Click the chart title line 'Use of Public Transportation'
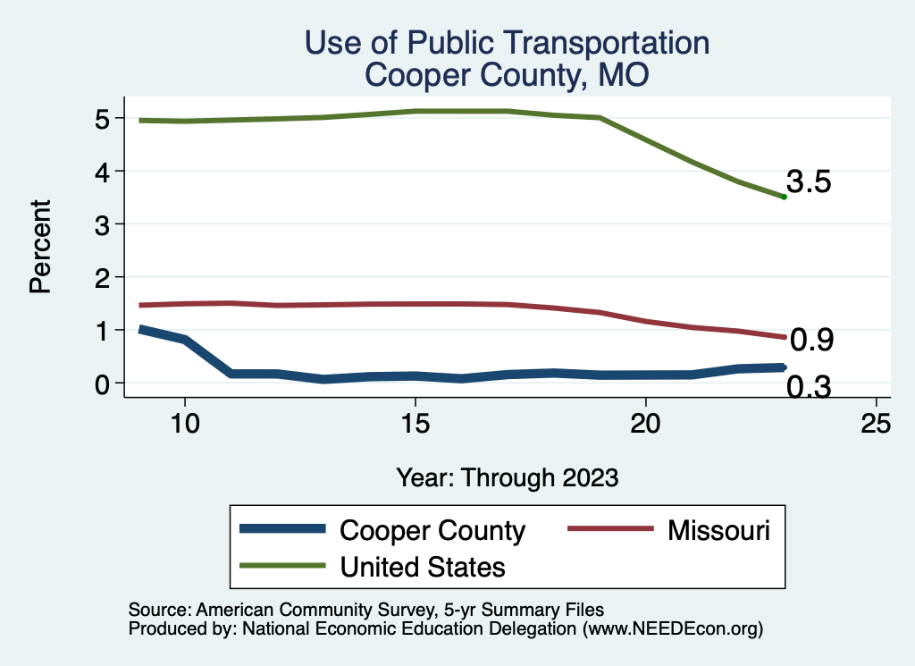pyautogui.click(x=507, y=43)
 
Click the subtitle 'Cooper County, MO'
pyautogui.click(x=507, y=75)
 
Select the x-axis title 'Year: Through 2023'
pyautogui.click(x=508, y=477)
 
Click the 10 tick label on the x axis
pyautogui.click(x=184, y=423)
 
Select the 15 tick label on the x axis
pyautogui.click(x=415, y=423)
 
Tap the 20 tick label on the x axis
pyautogui.click(x=645, y=423)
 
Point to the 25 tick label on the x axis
pyautogui.click(x=876, y=423)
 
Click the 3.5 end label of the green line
pyautogui.click(x=810, y=182)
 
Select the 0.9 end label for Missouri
pyautogui.click(x=812, y=340)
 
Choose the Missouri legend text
pyautogui.click(x=718, y=530)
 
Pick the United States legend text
pyautogui.click(x=423, y=566)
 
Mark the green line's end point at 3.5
pyautogui.click(x=784, y=197)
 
